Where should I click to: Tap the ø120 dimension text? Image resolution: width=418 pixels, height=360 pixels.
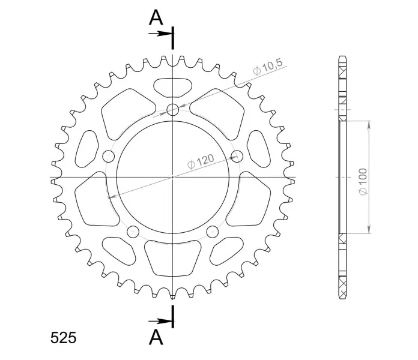pyautogui.click(x=201, y=161)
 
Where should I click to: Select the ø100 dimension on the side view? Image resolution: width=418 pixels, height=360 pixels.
pyautogui.click(x=363, y=181)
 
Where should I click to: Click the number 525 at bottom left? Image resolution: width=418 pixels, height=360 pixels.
pyautogui.click(x=64, y=338)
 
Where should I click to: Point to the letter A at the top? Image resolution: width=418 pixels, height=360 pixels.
pyautogui.click(x=156, y=18)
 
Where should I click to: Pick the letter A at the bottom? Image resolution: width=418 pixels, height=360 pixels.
pyautogui.click(x=156, y=337)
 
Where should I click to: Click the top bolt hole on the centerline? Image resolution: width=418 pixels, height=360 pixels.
pyautogui.click(x=173, y=109)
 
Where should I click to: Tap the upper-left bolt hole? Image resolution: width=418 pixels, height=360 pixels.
pyautogui.click(x=109, y=156)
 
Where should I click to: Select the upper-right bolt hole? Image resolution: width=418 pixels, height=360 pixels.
pyautogui.click(x=237, y=156)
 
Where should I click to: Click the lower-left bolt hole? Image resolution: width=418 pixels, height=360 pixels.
pyautogui.click(x=133, y=232)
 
